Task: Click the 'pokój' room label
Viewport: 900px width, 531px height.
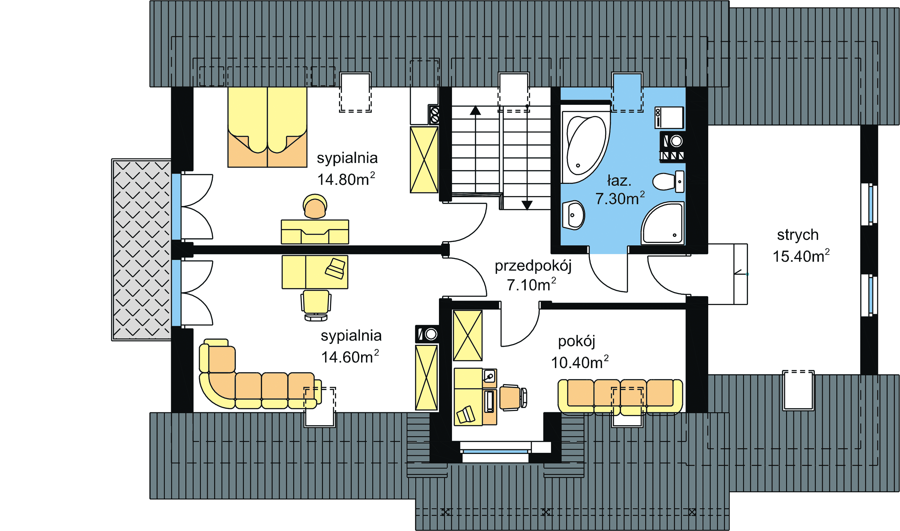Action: [577, 342]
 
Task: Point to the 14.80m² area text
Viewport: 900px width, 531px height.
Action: [346, 179]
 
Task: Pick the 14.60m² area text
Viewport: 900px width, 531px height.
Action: [350, 357]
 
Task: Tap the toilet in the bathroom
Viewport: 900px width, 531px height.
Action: [668, 182]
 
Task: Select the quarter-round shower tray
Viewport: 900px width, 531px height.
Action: [663, 223]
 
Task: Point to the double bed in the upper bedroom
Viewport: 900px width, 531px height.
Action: [267, 127]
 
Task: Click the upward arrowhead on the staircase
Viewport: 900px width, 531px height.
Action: [475, 111]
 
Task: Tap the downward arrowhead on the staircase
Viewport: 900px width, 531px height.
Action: [527, 205]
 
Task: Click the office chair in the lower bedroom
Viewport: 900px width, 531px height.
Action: [316, 305]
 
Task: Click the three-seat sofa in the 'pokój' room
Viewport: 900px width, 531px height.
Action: [620, 397]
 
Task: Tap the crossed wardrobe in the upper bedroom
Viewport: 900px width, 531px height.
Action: [424, 159]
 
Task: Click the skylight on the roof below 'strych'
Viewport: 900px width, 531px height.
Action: [799, 390]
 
